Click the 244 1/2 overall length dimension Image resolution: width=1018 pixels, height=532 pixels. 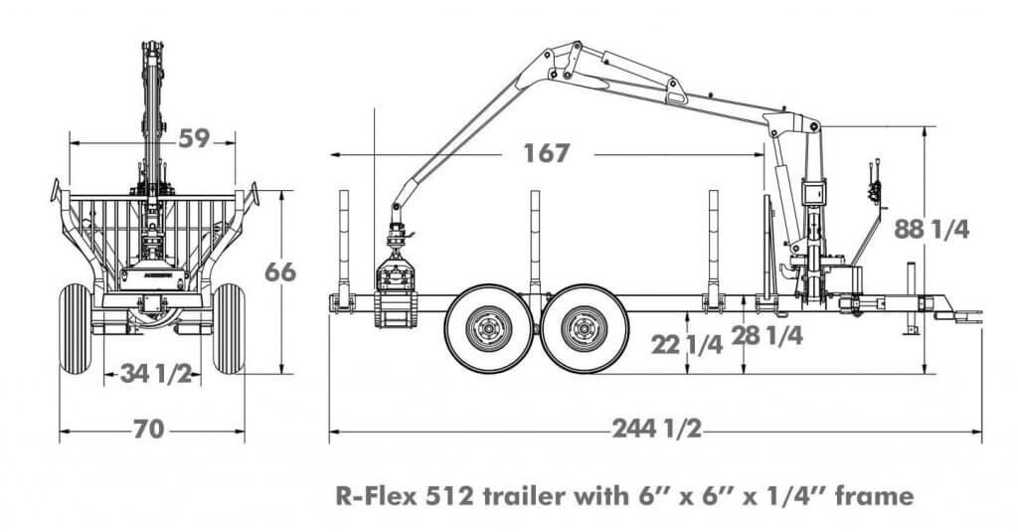click(x=657, y=429)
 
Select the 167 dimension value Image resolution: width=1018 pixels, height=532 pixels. click(x=547, y=153)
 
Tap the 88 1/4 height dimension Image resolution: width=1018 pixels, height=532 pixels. click(x=932, y=229)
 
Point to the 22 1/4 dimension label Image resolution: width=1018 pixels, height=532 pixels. click(x=687, y=345)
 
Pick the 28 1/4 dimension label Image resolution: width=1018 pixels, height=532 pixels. click(x=766, y=335)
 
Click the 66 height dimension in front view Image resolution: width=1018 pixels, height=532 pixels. click(x=280, y=272)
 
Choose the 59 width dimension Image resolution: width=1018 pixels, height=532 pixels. click(x=194, y=138)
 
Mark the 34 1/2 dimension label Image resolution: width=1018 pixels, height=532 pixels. click(x=156, y=374)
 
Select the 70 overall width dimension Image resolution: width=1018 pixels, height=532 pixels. click(x=149, y=430)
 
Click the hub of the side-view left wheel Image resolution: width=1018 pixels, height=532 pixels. click(x=488, y=329)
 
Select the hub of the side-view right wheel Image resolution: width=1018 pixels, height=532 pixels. click(x=585, y=329)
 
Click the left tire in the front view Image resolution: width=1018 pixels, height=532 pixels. click(x=76, y=329)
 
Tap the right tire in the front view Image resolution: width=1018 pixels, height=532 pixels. click(x=229, y=329)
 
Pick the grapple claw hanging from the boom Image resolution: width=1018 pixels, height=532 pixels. click(x=396, y=291)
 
